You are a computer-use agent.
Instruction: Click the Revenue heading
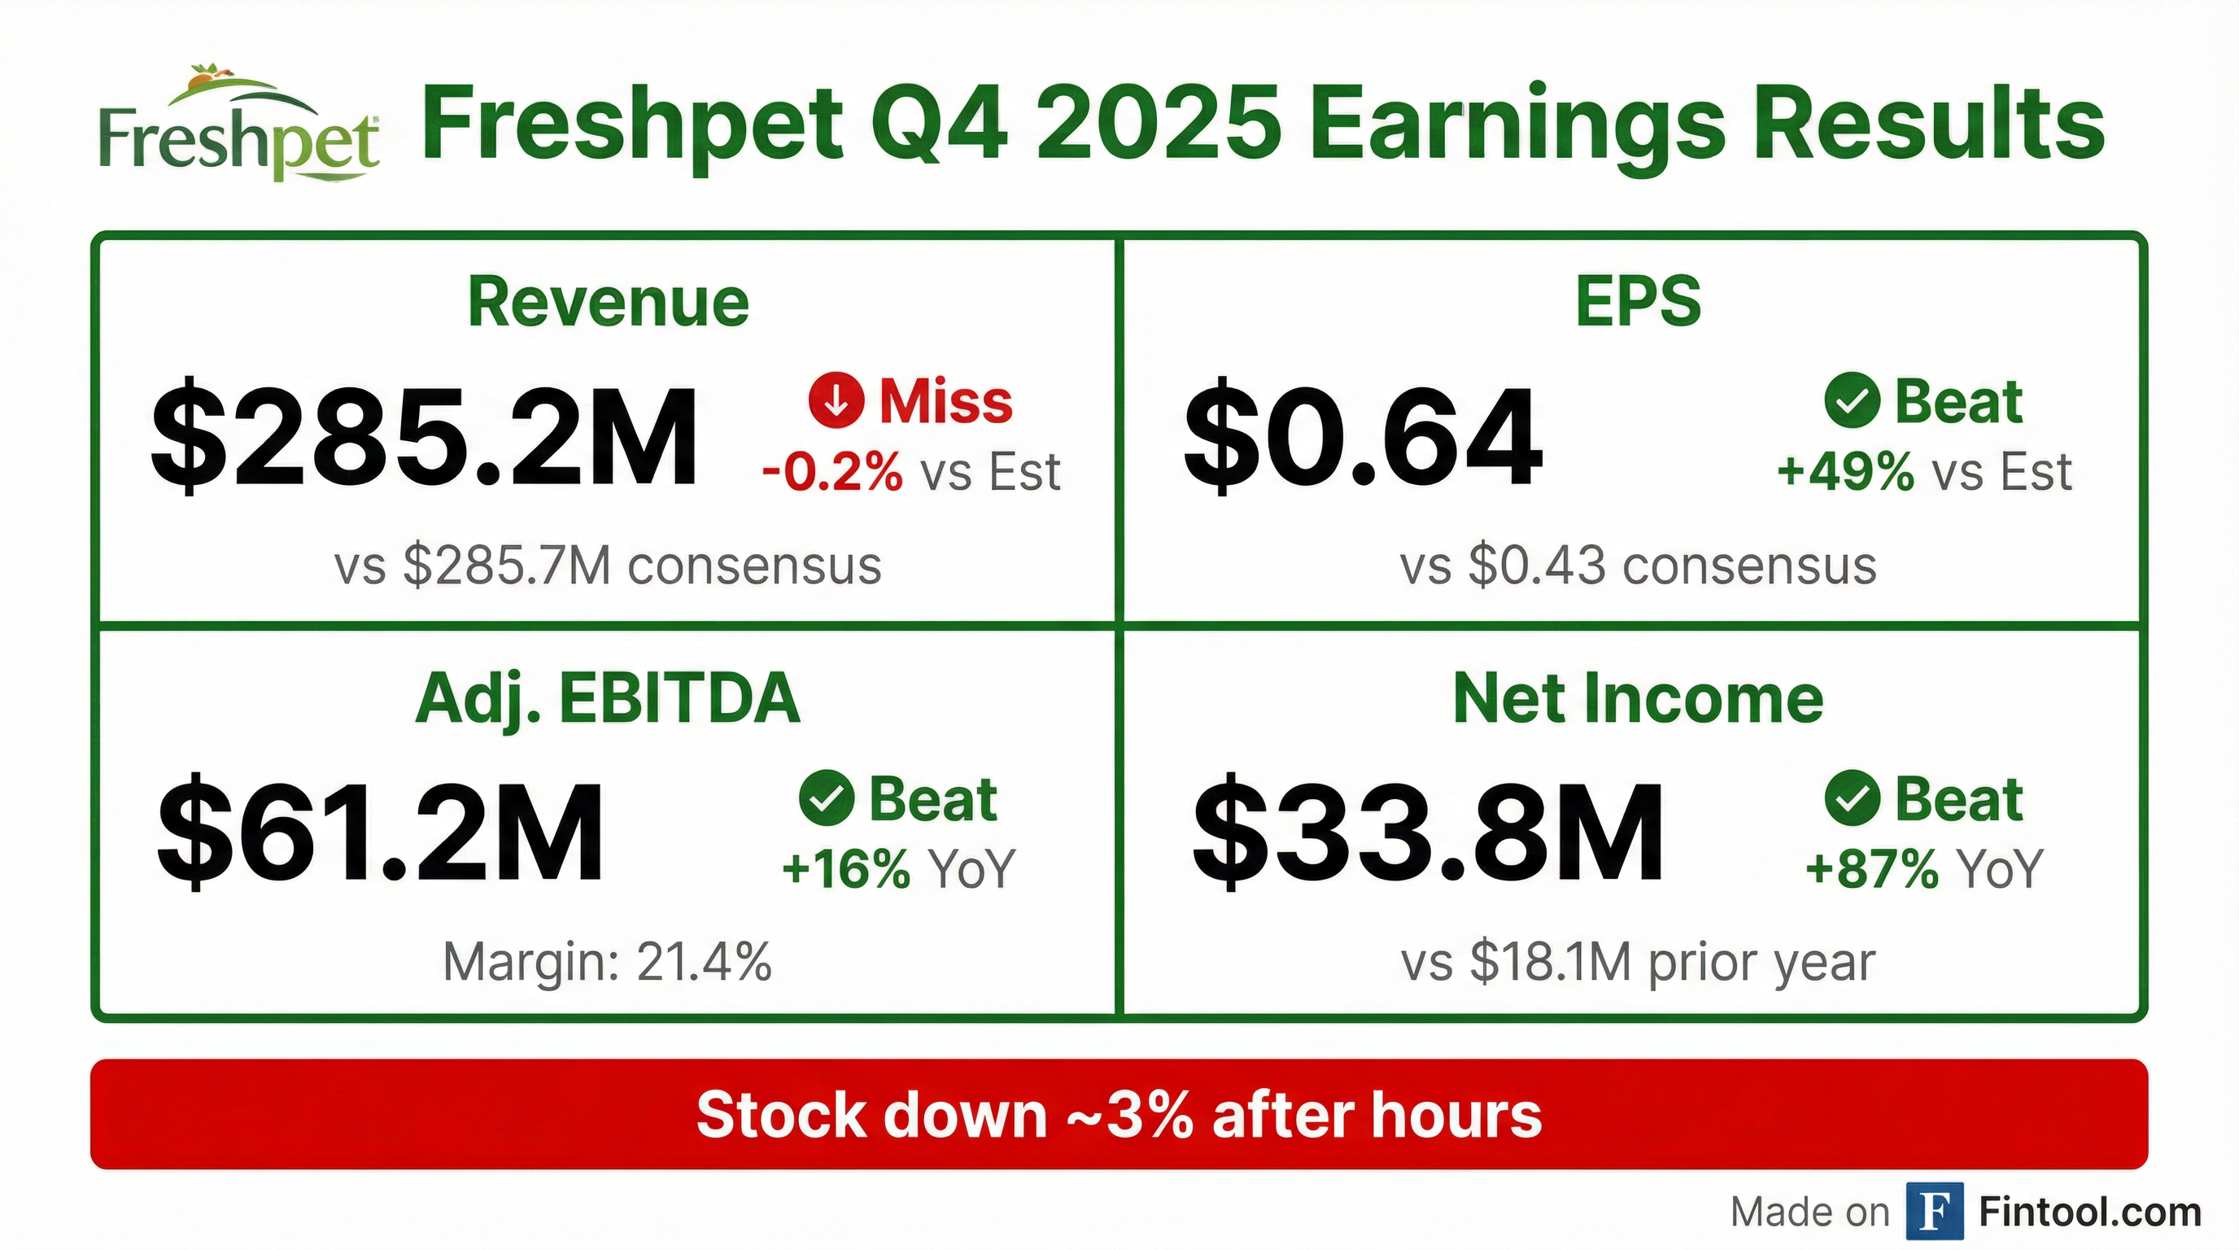pos(608,302)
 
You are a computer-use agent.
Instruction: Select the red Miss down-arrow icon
pos(836,400)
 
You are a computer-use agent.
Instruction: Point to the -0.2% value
pos(831,473)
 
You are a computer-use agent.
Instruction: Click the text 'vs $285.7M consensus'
pos(608,565)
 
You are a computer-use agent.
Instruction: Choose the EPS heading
pos(1638,302)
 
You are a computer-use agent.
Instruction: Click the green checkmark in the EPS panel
pos(1852,400)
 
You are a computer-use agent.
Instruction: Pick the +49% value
pos(1844,473)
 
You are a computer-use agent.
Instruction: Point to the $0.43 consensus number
pos(1537,565)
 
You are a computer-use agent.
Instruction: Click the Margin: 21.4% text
pos(608,962)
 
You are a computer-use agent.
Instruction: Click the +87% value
pos(1871,868)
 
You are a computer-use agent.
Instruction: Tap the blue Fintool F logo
pos(1934,1211)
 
